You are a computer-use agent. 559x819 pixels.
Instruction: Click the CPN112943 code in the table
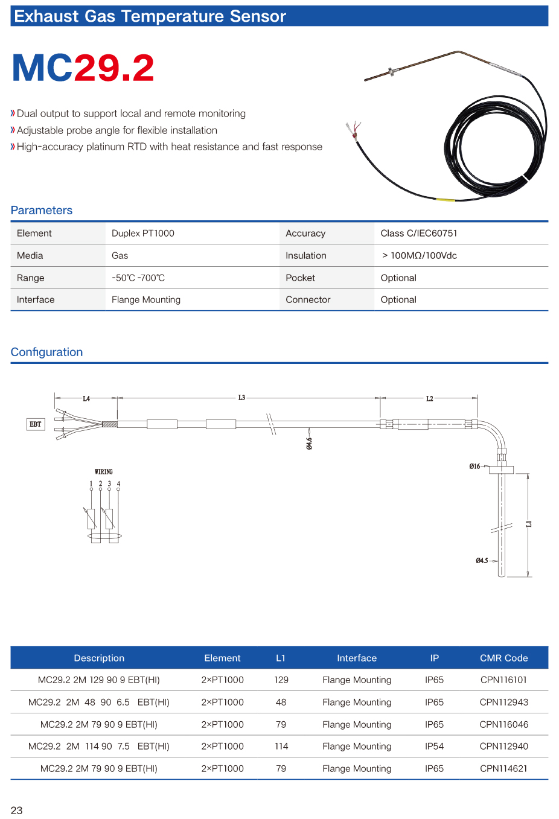coord(503,702)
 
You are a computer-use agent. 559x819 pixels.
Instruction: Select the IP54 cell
coord(434,746)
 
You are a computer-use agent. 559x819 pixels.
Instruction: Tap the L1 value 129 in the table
coord(281,680)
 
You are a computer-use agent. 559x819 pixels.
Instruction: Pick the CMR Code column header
coord(503,658)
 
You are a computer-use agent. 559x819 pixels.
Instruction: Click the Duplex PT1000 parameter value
coord(143,233)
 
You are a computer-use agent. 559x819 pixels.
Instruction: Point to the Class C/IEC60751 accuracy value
coord(419,233)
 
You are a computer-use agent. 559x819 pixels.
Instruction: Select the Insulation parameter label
coord(306,255)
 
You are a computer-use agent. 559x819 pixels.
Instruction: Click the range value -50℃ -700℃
coord(138,278)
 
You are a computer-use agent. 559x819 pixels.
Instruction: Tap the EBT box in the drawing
coord(36,424)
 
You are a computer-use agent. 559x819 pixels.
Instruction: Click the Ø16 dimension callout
coord(475,467)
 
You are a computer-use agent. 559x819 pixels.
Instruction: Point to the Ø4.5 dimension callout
coord(482,561)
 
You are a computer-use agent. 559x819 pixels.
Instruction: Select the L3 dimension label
coord(241,398)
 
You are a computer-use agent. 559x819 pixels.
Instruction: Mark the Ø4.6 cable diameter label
coord(309,444)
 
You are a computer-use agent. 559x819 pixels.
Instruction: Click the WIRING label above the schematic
coord(104,471)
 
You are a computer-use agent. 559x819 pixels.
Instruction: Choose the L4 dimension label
coord(86,398)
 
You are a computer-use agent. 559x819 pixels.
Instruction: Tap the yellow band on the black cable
coord(446,199)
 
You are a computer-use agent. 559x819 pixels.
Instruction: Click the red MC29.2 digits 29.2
coord(114,68)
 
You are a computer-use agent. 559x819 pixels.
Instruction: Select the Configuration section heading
coord(46,352)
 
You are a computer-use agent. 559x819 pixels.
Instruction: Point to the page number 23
coord(16,810)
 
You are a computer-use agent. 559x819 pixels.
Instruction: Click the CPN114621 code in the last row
coord(503,768)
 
